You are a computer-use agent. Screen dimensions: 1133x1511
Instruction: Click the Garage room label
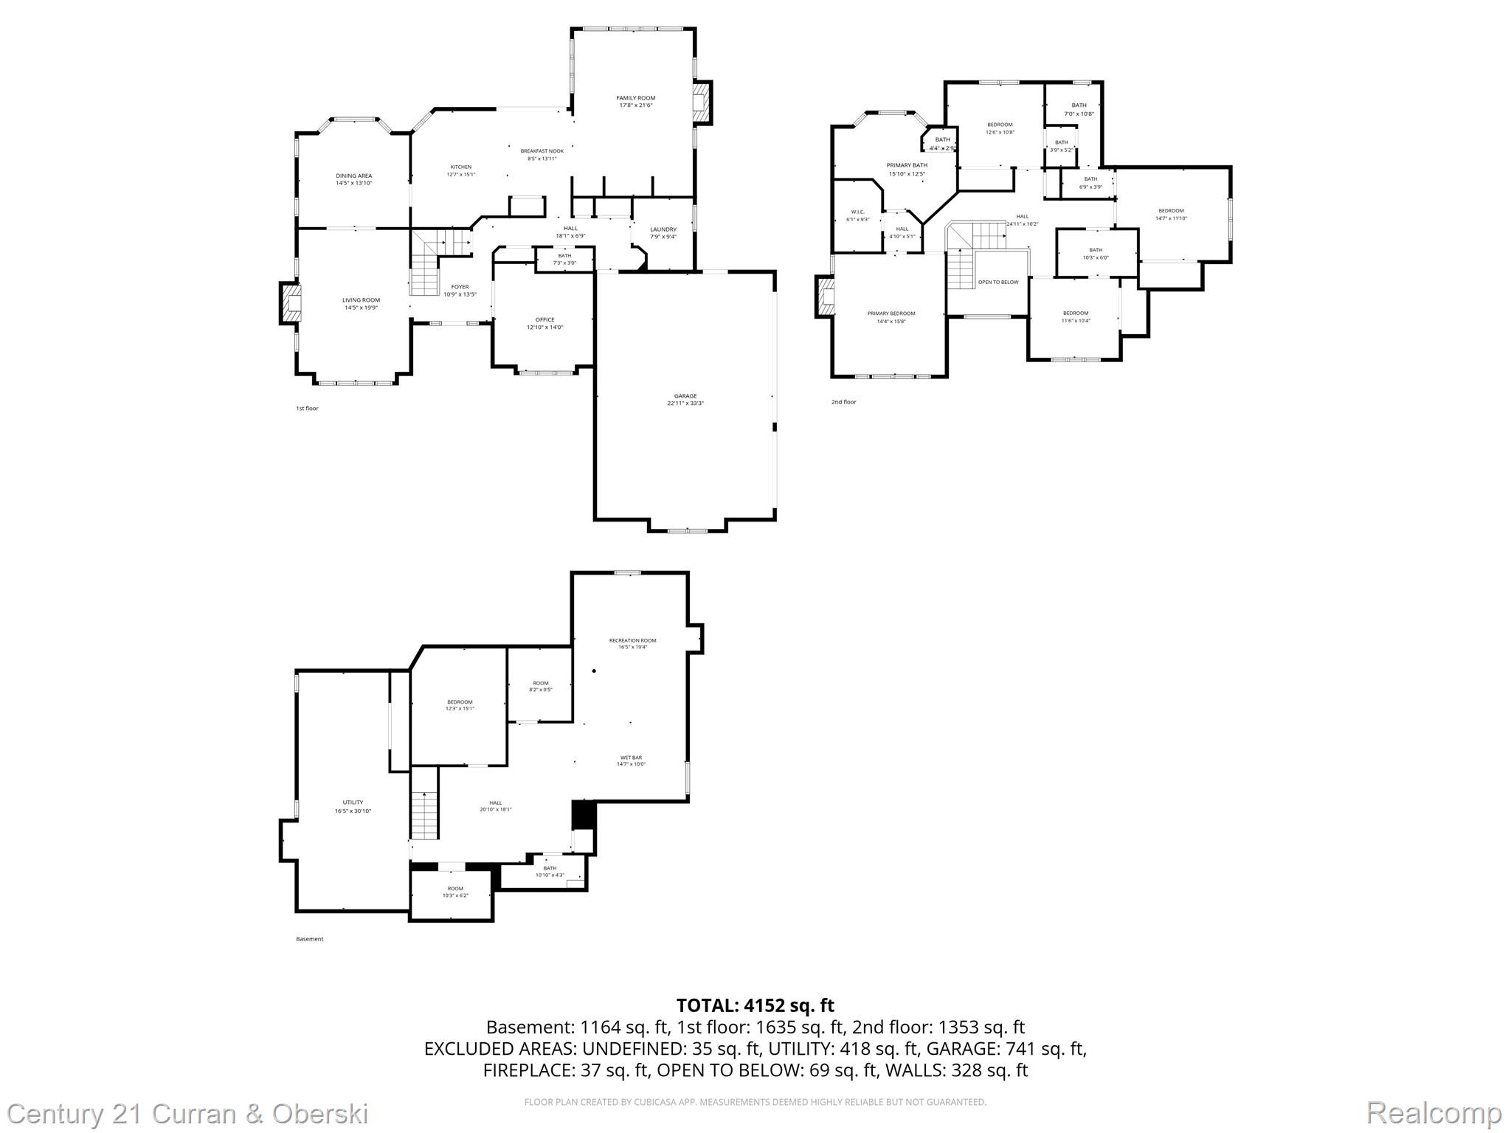tap(685, 396)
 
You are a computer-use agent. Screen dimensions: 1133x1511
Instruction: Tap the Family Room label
tap(635, 98)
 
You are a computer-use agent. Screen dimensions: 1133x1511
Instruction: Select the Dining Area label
tap(353, 176)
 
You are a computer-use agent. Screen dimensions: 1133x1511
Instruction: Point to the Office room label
tap(544, 319)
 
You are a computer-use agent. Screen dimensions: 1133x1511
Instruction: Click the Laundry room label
tap(663, 229)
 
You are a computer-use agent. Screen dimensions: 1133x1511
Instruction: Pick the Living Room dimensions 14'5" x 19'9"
tap(361, 308)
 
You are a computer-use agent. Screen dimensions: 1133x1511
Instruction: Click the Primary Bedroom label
tap(891, 313)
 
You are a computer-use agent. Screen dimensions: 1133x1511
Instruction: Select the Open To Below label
tap(997, 282)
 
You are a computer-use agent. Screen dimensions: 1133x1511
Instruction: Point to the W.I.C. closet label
tap(857, 212)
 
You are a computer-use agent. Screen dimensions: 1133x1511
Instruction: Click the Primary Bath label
tap(907, 165)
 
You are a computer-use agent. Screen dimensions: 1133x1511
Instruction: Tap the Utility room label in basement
tap(353, 803)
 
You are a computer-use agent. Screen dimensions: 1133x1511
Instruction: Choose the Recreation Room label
tap(632, 640)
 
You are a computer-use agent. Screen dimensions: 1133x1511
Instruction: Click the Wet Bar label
tap(631, 758)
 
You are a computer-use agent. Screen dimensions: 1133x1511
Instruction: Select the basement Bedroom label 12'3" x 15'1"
tap(459, 701)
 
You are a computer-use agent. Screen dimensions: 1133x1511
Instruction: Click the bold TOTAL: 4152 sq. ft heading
tap(755, 1005)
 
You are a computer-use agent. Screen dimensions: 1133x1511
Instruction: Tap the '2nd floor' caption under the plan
tap(843, 402)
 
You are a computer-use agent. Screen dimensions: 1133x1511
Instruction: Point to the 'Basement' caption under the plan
tap(309, 939)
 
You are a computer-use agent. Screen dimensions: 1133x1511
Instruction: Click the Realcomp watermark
tap(1434, 1112)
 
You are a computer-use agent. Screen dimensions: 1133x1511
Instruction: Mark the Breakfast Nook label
tap(542, 151)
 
